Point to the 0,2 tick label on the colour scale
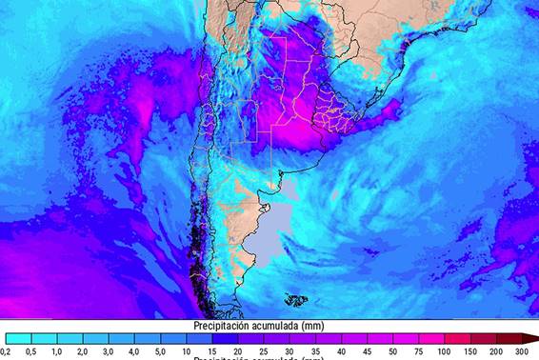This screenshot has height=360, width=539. [7, 352]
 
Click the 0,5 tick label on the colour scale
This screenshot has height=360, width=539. [30, 352]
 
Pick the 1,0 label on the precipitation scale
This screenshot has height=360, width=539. [56, 352]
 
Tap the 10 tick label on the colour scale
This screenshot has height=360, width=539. [186, 352]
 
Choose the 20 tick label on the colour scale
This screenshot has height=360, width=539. [237, 352]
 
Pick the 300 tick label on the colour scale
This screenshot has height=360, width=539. [521, 352]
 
